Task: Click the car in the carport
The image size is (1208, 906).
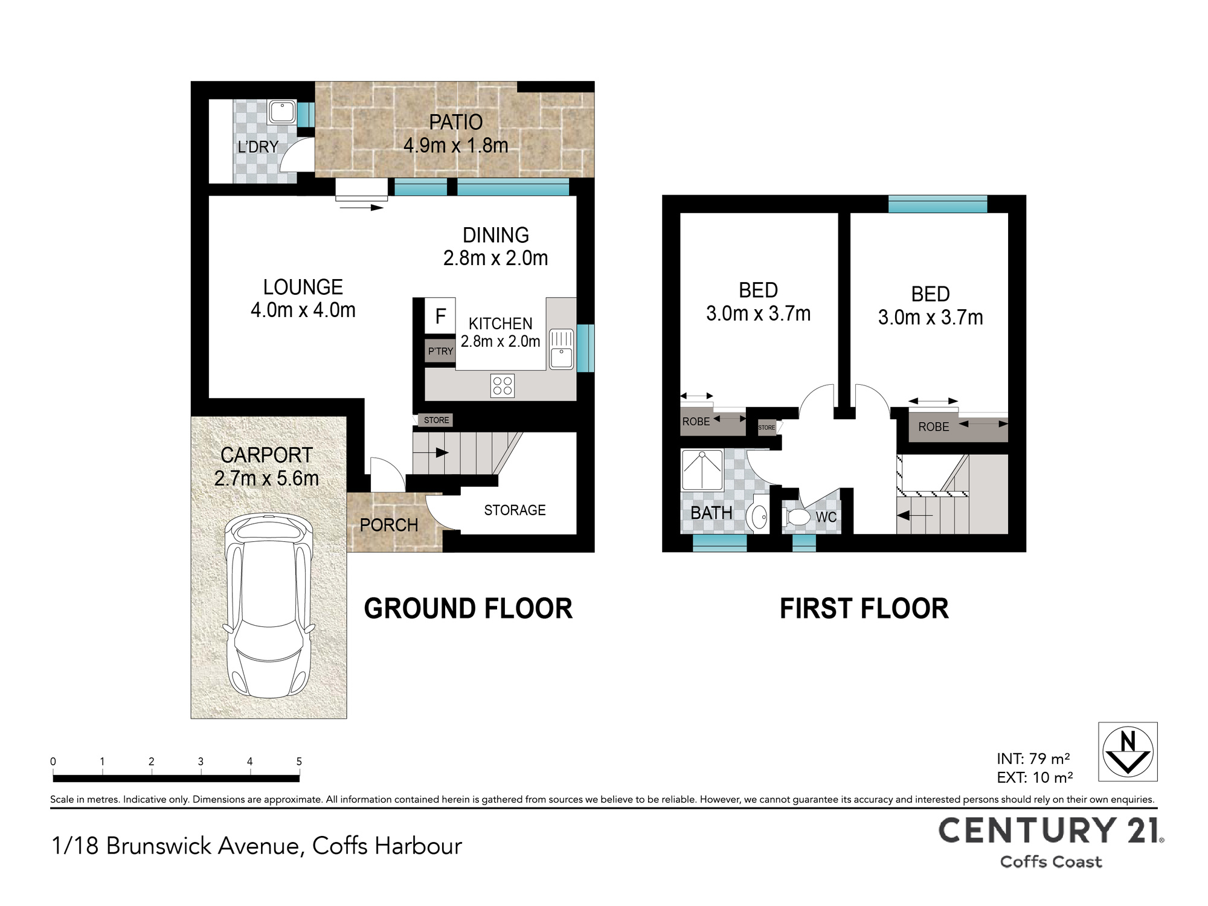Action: [x=269, y=606]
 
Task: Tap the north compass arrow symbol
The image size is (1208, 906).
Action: [x=1128, y=752]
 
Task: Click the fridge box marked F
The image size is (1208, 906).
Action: [x=440, y=316]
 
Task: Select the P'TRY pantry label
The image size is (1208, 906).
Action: [x=440, y=351]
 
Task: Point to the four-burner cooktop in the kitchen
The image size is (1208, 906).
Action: [x=503, y=386]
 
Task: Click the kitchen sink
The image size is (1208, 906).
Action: [x=561, y=349]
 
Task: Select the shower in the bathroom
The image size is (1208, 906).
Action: [x=702, y=470]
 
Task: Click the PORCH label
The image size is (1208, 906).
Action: [x=389, y=525]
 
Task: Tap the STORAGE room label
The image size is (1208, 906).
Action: [x=515, y=510]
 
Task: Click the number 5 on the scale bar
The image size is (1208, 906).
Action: [x=299, y=762]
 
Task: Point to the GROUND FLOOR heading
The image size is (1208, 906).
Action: [x=468, y=609]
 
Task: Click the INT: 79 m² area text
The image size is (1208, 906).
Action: [x=1033, y=759]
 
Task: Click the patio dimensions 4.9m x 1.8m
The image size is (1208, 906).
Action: [x=456, y=146]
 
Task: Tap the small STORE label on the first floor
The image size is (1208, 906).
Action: [x=766, y=428]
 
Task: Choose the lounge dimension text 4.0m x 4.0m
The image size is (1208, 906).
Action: [x=303, y=310]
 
